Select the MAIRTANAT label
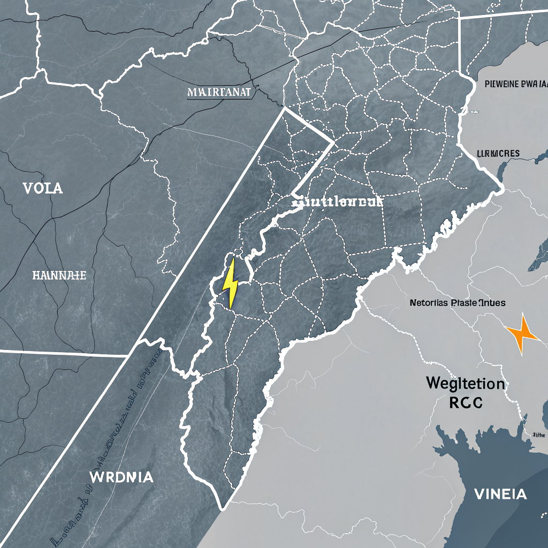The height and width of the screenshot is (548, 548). (x=219, y=92)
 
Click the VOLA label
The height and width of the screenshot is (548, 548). (x=43, y=188)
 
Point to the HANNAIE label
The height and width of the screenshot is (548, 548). (x=59, y=276)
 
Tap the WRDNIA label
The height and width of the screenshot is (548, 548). (x=122, y=477)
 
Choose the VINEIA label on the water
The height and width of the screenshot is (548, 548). (x=500, y=494)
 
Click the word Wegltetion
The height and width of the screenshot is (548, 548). (x=466, y=383)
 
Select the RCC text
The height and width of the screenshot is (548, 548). (x=465, y=402)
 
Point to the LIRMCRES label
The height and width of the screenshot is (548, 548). (x=498, y=154)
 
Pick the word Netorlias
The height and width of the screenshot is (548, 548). (x=428, y=303)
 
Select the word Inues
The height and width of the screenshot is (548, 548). (x=493, y=303)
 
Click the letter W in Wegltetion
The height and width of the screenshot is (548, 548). (x=433, y=383)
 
